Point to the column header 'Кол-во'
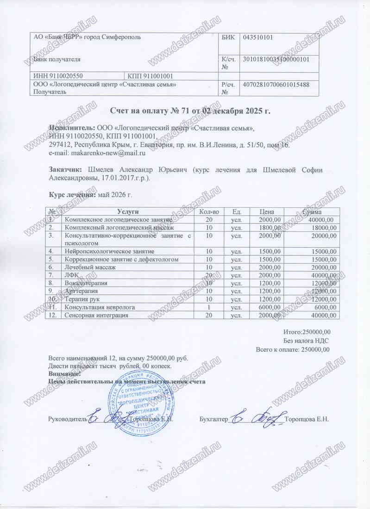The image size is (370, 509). pos(208,211)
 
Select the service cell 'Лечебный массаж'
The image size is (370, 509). pos(90,267)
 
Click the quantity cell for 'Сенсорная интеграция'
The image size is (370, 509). pos(209,315)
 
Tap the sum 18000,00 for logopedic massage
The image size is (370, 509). pos(322,228)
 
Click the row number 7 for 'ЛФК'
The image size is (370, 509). pos(52,275)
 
